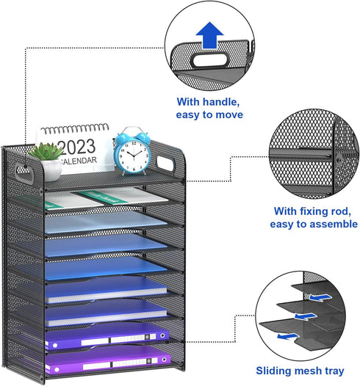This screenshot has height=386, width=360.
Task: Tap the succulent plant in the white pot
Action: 46,151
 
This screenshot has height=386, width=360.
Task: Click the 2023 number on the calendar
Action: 77,147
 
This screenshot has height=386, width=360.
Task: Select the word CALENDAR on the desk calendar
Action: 79,161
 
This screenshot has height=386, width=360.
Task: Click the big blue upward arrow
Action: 209,35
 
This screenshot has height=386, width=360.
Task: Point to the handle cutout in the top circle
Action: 209,60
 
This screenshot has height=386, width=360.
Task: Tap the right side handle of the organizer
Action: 165,163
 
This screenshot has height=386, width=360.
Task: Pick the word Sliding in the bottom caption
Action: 274,371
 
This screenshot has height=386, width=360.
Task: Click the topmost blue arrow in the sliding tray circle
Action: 320,297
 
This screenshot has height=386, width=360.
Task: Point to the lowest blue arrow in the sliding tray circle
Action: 287,336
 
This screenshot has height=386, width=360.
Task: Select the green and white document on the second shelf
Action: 106,198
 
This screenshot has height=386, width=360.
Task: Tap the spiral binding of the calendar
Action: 75,128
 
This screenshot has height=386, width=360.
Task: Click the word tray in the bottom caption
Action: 334,371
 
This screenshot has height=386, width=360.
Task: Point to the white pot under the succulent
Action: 51,169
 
